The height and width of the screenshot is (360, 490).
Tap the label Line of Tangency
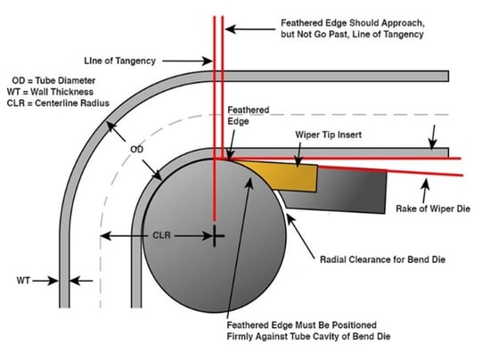pyautogui.click(x=119, y=61)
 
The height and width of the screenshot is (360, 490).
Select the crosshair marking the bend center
pyautogui.click(x=215, y=235)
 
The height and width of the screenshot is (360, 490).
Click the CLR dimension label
pyautogui.click(x=161, y=235)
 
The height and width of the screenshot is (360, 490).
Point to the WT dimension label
pyautogui.click(x=23, y=281)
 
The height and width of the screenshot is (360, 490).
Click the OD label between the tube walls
pyautogui.click(x=136, y=150)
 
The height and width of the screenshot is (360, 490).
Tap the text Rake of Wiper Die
pyautogui.click(x=433, y=209)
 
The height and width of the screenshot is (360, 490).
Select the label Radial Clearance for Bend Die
pyautogui.click(x=382, y=259)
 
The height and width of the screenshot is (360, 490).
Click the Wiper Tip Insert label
pyautogui.click(x=329, y=135)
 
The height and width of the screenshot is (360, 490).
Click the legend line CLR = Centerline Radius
pyautogui.click(x=58, y=103)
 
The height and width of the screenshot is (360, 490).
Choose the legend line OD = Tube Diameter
pyautogui.click(x=53, y=80)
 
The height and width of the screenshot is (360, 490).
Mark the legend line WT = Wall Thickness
pyautogui.click(x=50, y=92)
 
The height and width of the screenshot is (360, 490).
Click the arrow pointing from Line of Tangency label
pyautogui.click(x=187, y=61)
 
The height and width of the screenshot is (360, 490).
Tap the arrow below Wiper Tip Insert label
pyautogui.click(x=298, y=154)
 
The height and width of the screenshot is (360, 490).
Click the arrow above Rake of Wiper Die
pyautogui.click(x=424, y=191)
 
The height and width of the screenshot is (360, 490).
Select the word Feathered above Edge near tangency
pyautogui.click(x=249, y=110)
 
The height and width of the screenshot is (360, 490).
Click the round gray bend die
pyautogui.click(x=215, y=235)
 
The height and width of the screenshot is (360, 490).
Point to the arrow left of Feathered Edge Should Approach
pyautogui.click(x=250, y=29)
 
